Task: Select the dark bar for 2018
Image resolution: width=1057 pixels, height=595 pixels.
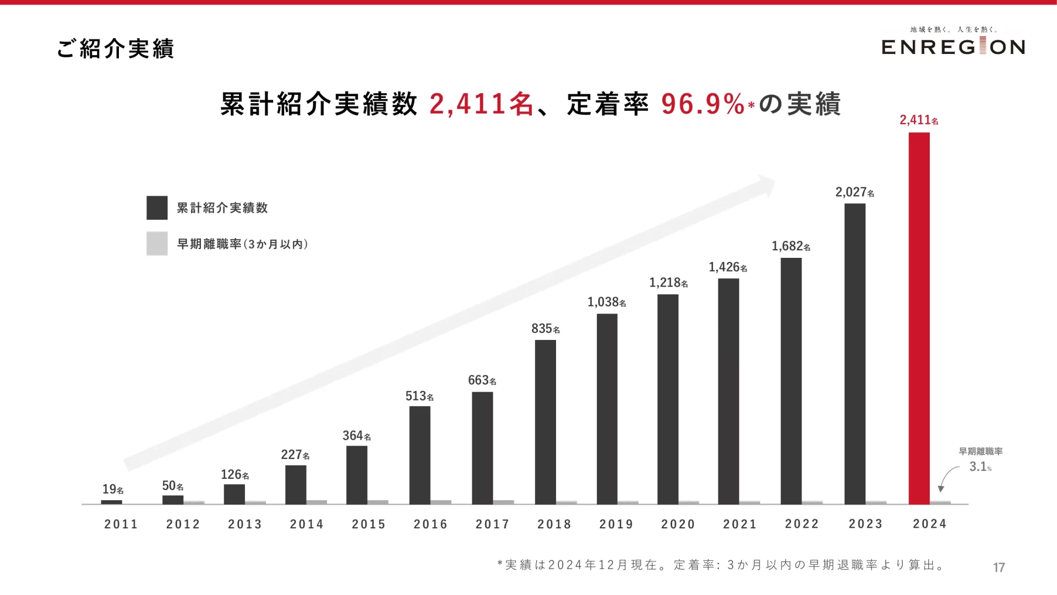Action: pyautogui.click(x=545, y=422)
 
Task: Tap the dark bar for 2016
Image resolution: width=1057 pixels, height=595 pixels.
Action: pyautogui.click(x=419, y=455)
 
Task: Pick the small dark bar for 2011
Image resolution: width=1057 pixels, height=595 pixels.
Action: pyautogui.click(x=111, y=502)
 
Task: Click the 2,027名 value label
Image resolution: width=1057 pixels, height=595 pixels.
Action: pyautogui.click(x=854, y=192)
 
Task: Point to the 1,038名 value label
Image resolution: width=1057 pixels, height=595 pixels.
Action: pyautogui.click(x=606, y=302)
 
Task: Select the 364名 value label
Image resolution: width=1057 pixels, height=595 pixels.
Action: pyautogui.click(x=356, y=436)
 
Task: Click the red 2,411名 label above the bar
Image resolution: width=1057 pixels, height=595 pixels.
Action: pyautogui.click(x=918, y=120)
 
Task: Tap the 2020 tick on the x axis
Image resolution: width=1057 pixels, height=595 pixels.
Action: pyautogui.click(x=678, y=524)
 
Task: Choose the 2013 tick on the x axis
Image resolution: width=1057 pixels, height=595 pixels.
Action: pyautogui.click(x=245, y=524)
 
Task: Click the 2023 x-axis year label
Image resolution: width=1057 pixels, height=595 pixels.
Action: pyautogui.click(x=865, y=524)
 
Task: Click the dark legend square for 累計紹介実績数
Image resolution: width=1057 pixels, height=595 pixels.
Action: pyautogui.click(x=157, y=208)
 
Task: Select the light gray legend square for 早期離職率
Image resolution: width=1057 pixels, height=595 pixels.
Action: pyautogui.click(x=157, y=244)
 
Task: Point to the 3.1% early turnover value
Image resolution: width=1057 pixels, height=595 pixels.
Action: pyautogui.click(x=980, y=467)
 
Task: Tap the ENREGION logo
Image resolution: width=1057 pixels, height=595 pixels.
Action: pyautogui.click(x=953, y=46)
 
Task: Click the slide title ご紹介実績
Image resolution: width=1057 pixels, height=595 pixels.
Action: pyautogui.click(x=116, y=48)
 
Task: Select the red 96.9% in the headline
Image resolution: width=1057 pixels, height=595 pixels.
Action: pyautogui.click(x=703, y=104)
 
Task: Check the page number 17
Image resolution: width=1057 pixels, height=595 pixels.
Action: pyautogui.click(x=999, y=567)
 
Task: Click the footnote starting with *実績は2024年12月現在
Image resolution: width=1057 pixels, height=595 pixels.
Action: pyautogui.click(x=721, y=565)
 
